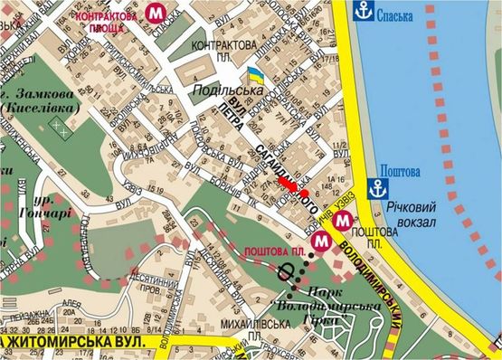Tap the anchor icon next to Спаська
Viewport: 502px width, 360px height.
click(363, 11)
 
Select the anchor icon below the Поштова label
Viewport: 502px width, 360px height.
click(384, 189)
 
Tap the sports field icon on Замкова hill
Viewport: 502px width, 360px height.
click(60, 128)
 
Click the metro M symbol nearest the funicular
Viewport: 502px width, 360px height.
click(320, 242)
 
